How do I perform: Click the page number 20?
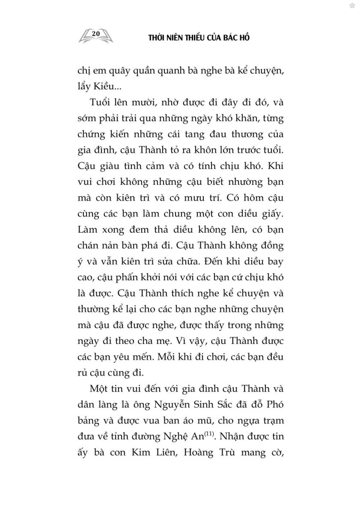pyautogui.click(x=95, y=33)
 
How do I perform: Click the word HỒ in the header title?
pyautogui.click(x=244, y=38)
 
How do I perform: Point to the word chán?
pyautogui.click(x=87, y=245)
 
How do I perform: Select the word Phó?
pyautogui.click(x=274, y=404)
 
